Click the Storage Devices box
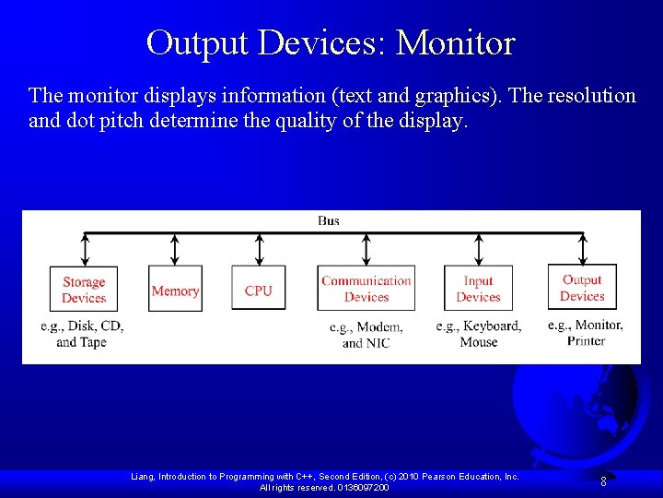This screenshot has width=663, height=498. point(84,290)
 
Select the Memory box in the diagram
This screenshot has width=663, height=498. point(175,290)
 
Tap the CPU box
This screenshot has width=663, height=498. point(259,290)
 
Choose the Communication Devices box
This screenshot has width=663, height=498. point(366,289)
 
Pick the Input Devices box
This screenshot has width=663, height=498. point(478,289)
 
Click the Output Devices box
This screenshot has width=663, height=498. point(582,288)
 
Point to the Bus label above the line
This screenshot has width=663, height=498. point(329,220)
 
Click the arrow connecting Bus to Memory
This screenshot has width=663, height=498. point(175,249)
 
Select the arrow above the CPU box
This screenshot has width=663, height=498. point(259,249)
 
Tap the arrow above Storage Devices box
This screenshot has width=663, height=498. point(85,249)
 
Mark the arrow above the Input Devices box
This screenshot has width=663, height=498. point(478,249)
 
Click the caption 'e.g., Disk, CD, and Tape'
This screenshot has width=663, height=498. point(82,334)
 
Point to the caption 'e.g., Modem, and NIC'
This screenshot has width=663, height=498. point(366,335)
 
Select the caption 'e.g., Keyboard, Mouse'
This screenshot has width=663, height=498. point(479,334)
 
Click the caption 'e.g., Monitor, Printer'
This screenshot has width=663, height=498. point(586,332)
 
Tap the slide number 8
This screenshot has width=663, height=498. point(603,480)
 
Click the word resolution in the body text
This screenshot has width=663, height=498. point(589,95)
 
